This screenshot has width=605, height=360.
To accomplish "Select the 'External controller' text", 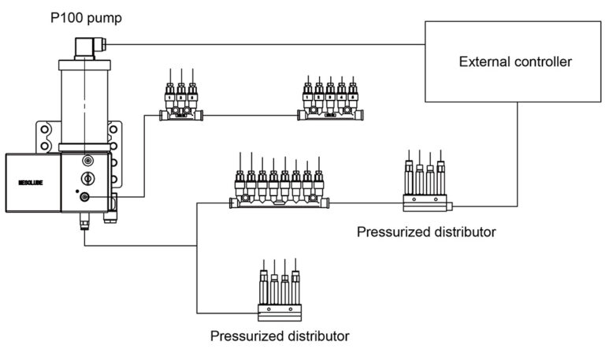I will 515,61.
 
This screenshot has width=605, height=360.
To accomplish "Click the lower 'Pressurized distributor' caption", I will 280,336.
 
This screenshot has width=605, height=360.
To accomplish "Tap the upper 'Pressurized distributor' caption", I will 425,232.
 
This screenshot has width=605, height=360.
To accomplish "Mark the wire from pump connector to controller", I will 260,44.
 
